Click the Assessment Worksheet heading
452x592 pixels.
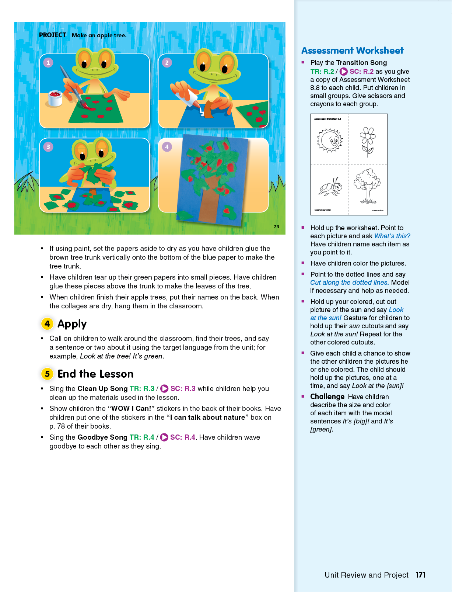click(x=352, y=51)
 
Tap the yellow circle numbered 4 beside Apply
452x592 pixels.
click(x=47, y=324)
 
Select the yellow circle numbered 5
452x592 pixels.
click(x=47, y=374)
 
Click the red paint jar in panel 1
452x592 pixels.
click(x=55, y=98)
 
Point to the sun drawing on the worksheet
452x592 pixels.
click(x=330, y=140)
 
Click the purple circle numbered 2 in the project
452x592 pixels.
click(x=167, y=63)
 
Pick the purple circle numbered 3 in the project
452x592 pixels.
click(x=48, y=147)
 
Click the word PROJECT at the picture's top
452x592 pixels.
click(x=52, y=35)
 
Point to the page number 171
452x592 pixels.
click(x=421, y=575)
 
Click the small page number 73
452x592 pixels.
click(x=276, y=227)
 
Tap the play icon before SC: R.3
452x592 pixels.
click(x=164, y=389)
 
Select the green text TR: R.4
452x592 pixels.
click(x=142, y=437)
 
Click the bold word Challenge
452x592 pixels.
click(x=327, y=397)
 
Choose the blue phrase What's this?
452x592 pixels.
click(x=392, y=236)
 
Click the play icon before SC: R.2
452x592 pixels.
click(x=343, y=72)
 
